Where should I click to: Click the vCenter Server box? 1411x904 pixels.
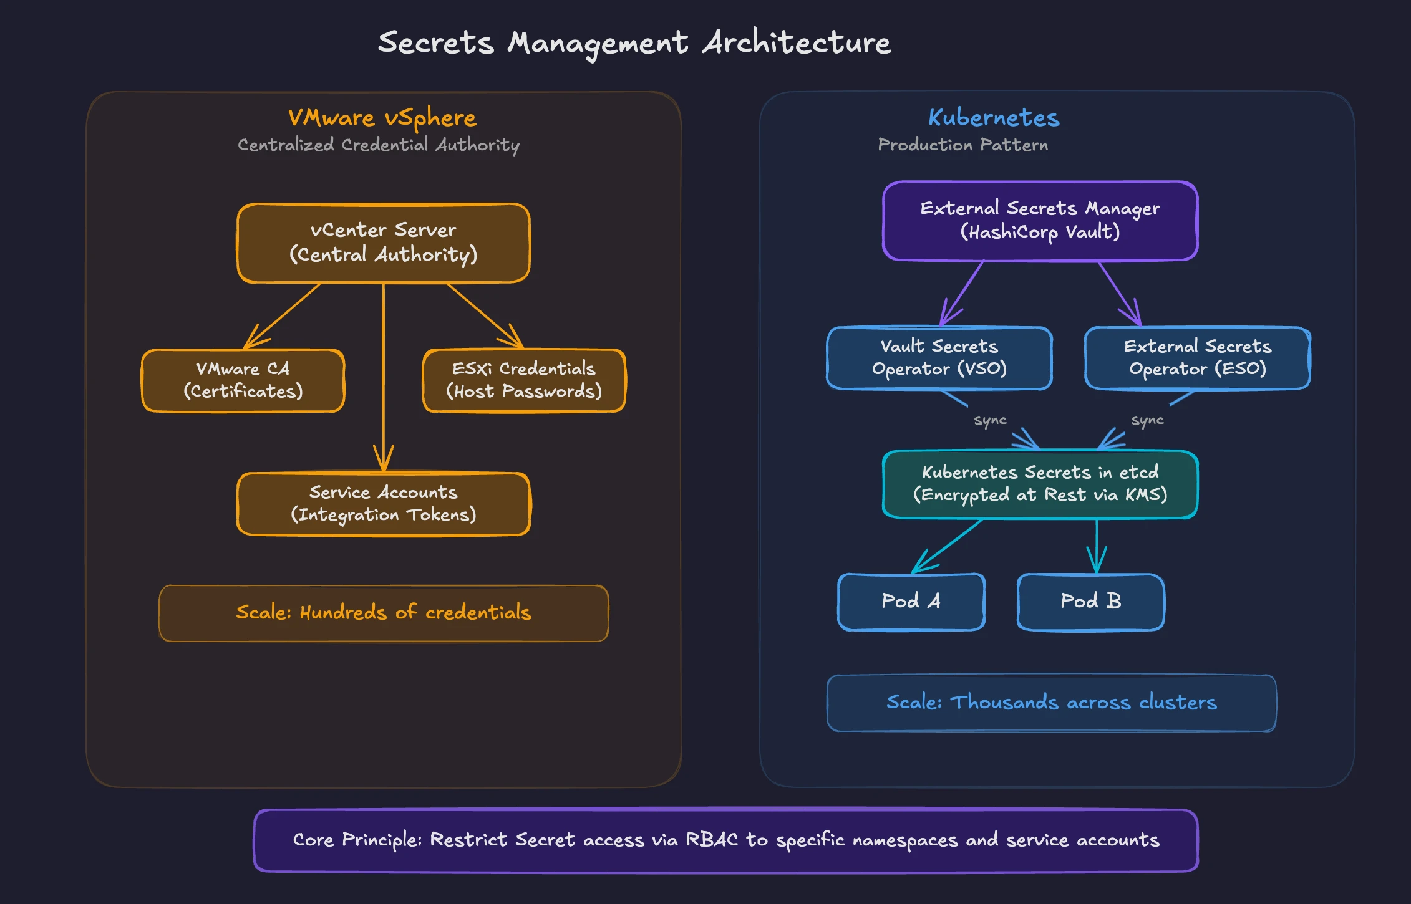(x=383, y=243)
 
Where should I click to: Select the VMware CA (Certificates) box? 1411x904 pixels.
(x=243, y=380)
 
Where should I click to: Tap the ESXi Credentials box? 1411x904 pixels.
(x=524, y=380)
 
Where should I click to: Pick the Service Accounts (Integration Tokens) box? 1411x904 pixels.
(x=383, y=504)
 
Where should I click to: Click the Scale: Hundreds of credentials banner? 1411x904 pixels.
(x=383, y=613)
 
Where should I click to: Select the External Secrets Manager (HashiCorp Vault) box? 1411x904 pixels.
(x=1040, y=221)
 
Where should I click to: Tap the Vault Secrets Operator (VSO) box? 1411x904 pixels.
(x=939, y=358)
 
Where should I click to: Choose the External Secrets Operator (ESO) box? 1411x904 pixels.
(x=1197, y=358)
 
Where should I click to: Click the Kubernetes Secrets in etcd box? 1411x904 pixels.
(x=1040, y=484)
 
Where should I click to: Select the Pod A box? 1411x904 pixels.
(x=911, y=602)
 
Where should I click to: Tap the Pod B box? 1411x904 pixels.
(x=1090, y=602)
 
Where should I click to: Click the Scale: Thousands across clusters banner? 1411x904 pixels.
(x=1051, y=703)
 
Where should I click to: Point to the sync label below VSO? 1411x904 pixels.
(x=990, y=420)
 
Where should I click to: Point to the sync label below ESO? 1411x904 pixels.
(x=1147, y=420)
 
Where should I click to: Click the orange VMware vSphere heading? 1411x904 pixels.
(x=382, y=118)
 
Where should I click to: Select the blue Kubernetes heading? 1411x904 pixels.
(x=994, y=118)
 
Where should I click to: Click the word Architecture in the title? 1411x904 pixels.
(x=797, y=43)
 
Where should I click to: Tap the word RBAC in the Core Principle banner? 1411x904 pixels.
(x=711, y=840)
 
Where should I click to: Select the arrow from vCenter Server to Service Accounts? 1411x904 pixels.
(x=383, y=374)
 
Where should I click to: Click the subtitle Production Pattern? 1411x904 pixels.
(x=962, y=145)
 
